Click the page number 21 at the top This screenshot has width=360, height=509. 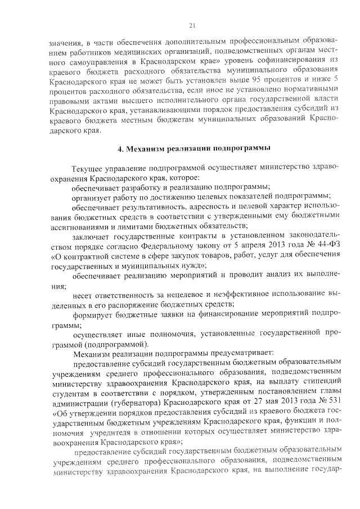tap(191, 25)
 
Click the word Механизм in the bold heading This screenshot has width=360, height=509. tap(147, 148)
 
